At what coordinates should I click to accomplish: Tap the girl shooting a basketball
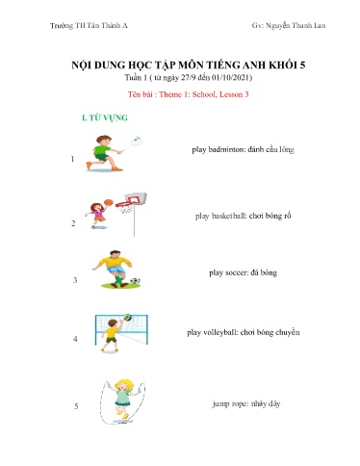coord(97,211)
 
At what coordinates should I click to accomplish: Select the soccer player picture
coord(114,271)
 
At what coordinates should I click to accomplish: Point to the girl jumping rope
coord(123,396)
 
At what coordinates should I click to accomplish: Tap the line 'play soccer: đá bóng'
coord(243,272)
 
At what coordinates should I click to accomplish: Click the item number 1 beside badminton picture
coord(74,161)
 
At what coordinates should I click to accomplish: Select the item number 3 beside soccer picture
coord(74,280)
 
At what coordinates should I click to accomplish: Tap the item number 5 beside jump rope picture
coord(74,406)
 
